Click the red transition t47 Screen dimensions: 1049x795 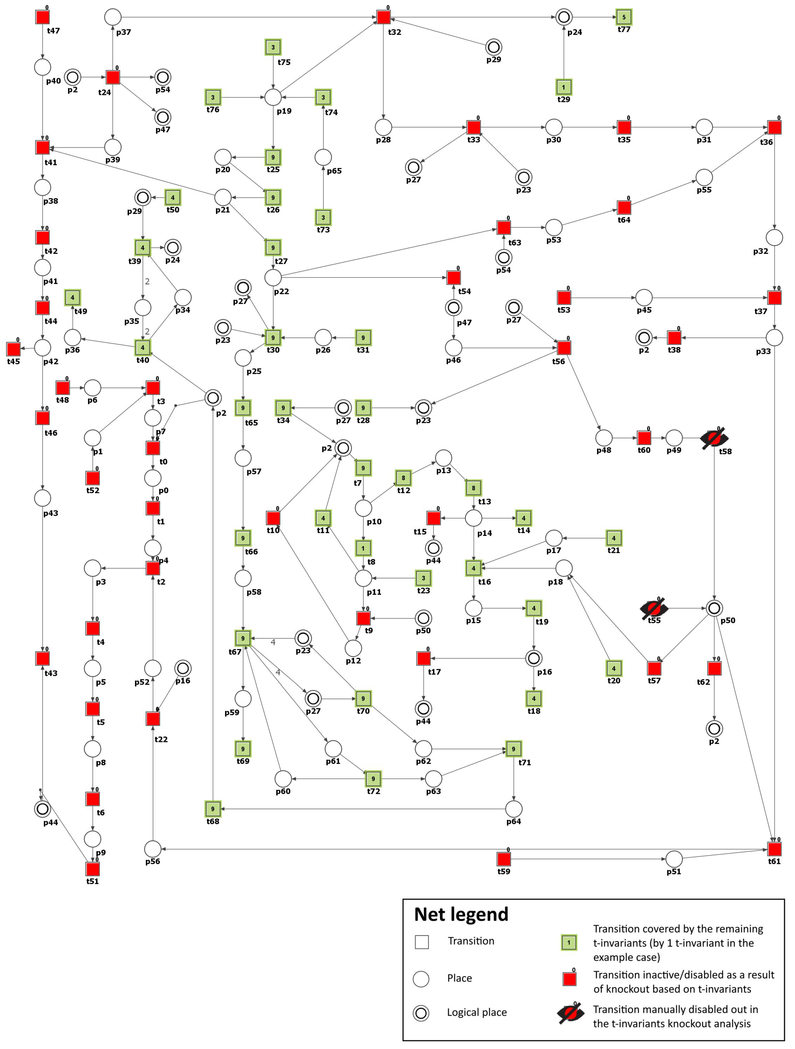43,17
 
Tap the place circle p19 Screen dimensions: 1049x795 273,97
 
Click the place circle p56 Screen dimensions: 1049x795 153,849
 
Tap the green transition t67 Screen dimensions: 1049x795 243,638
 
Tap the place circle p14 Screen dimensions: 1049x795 473,518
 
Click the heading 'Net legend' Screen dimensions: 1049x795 461,915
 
